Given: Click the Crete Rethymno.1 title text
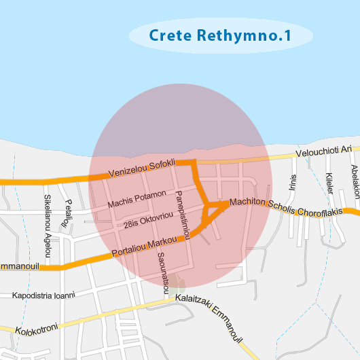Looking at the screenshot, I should (x=220, y=35).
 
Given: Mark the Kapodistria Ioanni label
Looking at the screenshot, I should (x=43, y=295).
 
